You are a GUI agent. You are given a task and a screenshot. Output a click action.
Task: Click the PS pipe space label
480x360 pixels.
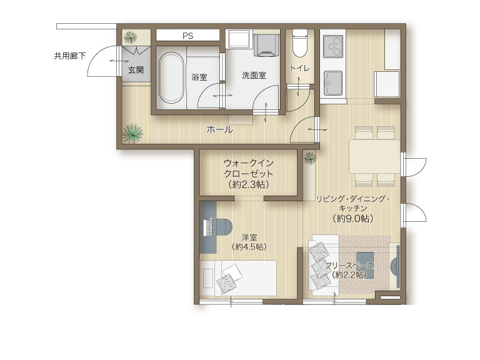click(x=187, y=36)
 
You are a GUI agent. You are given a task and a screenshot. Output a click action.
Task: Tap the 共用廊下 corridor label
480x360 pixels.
click(x=70, y=56)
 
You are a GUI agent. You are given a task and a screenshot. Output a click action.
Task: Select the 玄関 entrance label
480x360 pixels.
click(x=136, y=70)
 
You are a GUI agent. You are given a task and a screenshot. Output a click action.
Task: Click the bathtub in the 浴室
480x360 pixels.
click(x=171, y=78)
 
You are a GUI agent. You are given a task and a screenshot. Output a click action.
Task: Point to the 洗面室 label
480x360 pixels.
click(x=254, y=75)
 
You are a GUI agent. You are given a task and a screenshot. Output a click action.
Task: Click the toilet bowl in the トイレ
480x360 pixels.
click(x=299, y=43)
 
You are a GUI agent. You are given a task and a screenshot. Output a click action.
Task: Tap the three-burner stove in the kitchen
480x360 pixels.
click(x=333, y=46)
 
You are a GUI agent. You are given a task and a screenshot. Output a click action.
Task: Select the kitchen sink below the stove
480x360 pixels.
click(x=333, y=83)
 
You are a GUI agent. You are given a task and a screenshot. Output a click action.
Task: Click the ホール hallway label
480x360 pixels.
click(x=219, y=130)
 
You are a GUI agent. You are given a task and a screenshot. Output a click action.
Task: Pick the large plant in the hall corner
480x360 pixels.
click(x=132, y=134)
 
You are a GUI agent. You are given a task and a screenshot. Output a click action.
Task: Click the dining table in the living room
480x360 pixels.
click(x=374, y=156)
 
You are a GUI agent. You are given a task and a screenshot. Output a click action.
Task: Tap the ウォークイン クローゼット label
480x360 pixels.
click(x=249, y=168)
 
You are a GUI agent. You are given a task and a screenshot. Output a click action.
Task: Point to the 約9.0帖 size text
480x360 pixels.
click(x=353, y=219)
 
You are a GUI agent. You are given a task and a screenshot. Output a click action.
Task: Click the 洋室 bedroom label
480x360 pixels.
click(x=249, y=237)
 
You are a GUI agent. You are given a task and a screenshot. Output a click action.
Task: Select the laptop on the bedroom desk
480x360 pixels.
click(x=209, y=227)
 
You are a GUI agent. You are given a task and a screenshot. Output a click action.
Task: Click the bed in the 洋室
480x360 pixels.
click(x=238, y=278)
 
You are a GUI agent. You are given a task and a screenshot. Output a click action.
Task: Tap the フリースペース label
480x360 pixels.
click(x=349, y=266)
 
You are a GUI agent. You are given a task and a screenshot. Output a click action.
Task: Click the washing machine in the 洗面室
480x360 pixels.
click(x=267, y=45)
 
